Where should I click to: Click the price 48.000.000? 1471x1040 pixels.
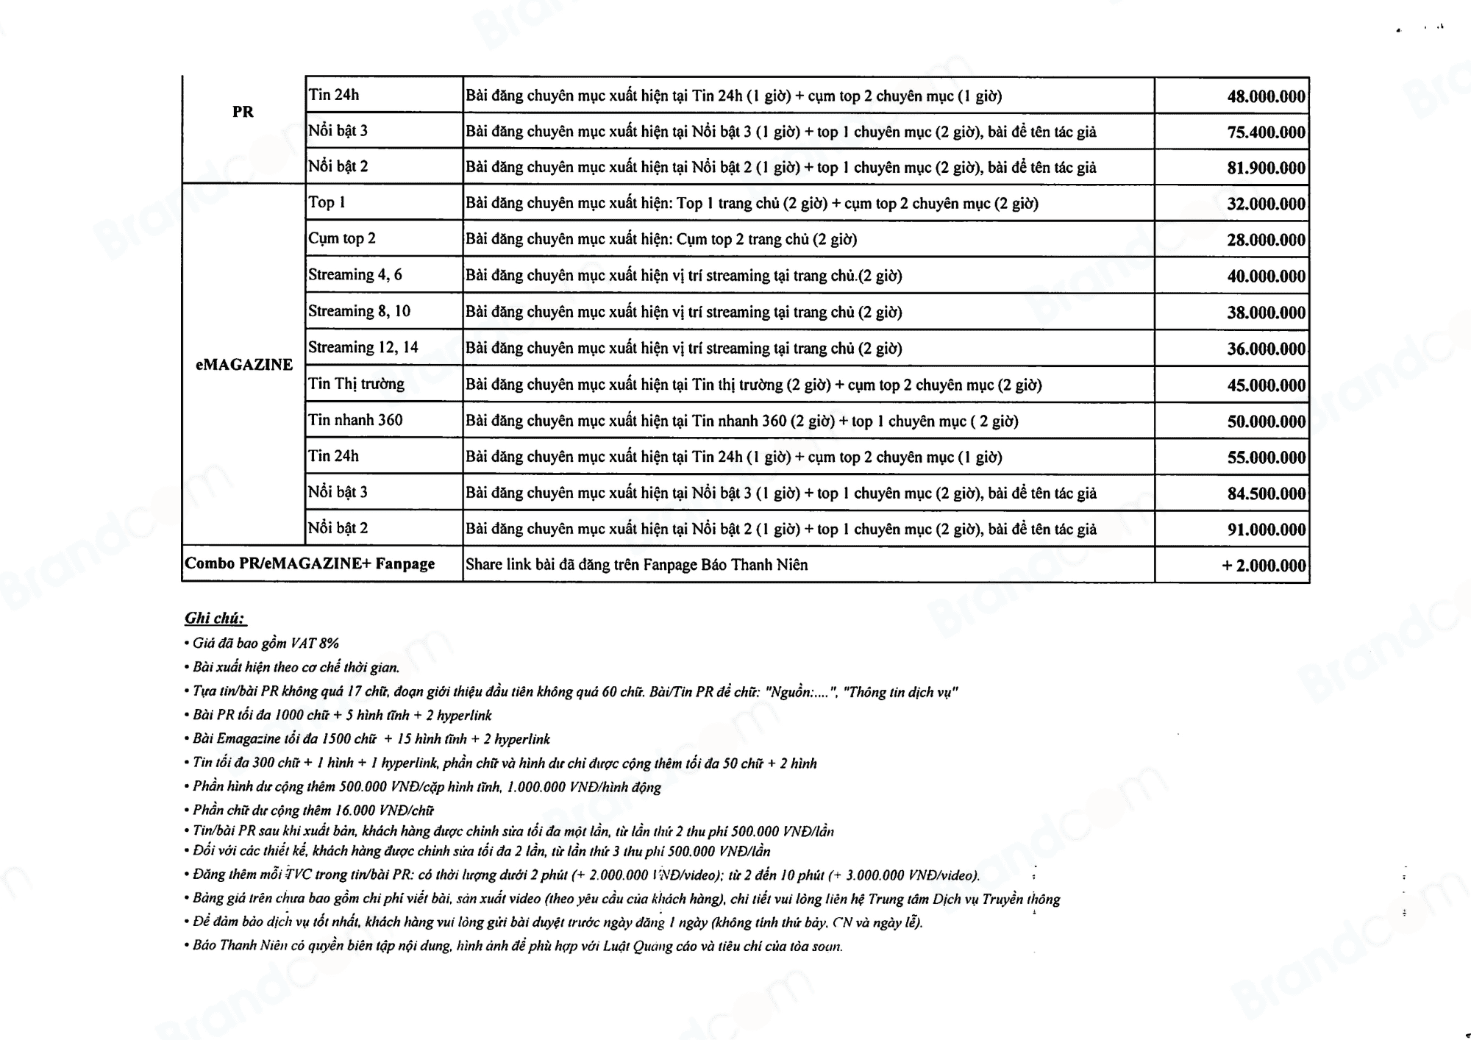click(x=1265, y=96)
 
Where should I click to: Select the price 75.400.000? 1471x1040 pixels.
click(x=1265, y=132)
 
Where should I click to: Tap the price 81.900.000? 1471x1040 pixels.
click(x=1265, y=168)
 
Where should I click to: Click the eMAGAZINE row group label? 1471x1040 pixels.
click(x=244, y=365)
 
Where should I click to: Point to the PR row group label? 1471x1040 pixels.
click(x=243, y=112)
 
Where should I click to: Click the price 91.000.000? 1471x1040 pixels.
click(x=1265, y=530)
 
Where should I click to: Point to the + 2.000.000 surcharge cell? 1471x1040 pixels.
click(x=1264, y=566)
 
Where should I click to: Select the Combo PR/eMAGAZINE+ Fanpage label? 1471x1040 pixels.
click(x=310, y=564)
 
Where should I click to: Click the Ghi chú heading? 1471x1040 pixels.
click(x=215, y=619)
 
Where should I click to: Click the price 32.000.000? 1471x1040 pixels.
click(x=1265, y=204)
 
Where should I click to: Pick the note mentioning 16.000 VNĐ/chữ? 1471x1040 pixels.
click(x=313, y=811)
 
